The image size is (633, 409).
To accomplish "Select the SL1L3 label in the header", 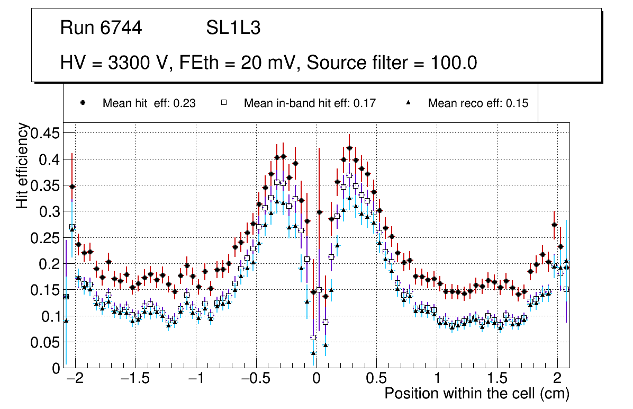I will click(233, 28).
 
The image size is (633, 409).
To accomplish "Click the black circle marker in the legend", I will click(83, 103).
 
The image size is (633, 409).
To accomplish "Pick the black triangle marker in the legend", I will click(408, 103).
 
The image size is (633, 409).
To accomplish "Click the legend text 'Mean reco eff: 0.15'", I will click(478, 103).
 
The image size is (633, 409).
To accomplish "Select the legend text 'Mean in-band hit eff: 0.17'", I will click(310, 103).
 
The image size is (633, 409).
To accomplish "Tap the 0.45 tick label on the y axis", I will click(46, 133).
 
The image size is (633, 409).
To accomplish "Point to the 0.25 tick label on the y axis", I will click(46, 238).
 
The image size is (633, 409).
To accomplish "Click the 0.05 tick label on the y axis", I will click(46, 342).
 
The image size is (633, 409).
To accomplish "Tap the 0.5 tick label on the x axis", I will click(376, 379).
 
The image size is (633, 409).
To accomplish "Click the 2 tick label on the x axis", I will click(557, 379).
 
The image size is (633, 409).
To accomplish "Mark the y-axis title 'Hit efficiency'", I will click(22, 165).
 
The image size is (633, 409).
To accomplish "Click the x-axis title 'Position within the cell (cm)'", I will click(476, 394).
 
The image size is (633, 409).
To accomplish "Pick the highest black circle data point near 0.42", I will click(349, 148).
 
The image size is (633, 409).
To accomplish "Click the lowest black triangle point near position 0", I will click(313, 353).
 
